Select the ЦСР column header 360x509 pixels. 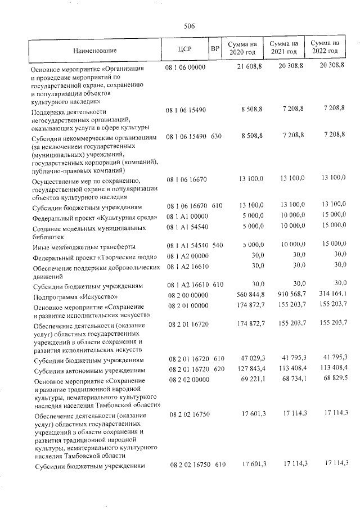point(184,48)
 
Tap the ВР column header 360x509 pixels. point(214,48)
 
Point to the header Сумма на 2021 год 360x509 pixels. point(283,47)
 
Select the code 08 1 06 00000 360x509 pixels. point(186,67)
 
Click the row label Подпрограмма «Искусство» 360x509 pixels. point(75,295)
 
